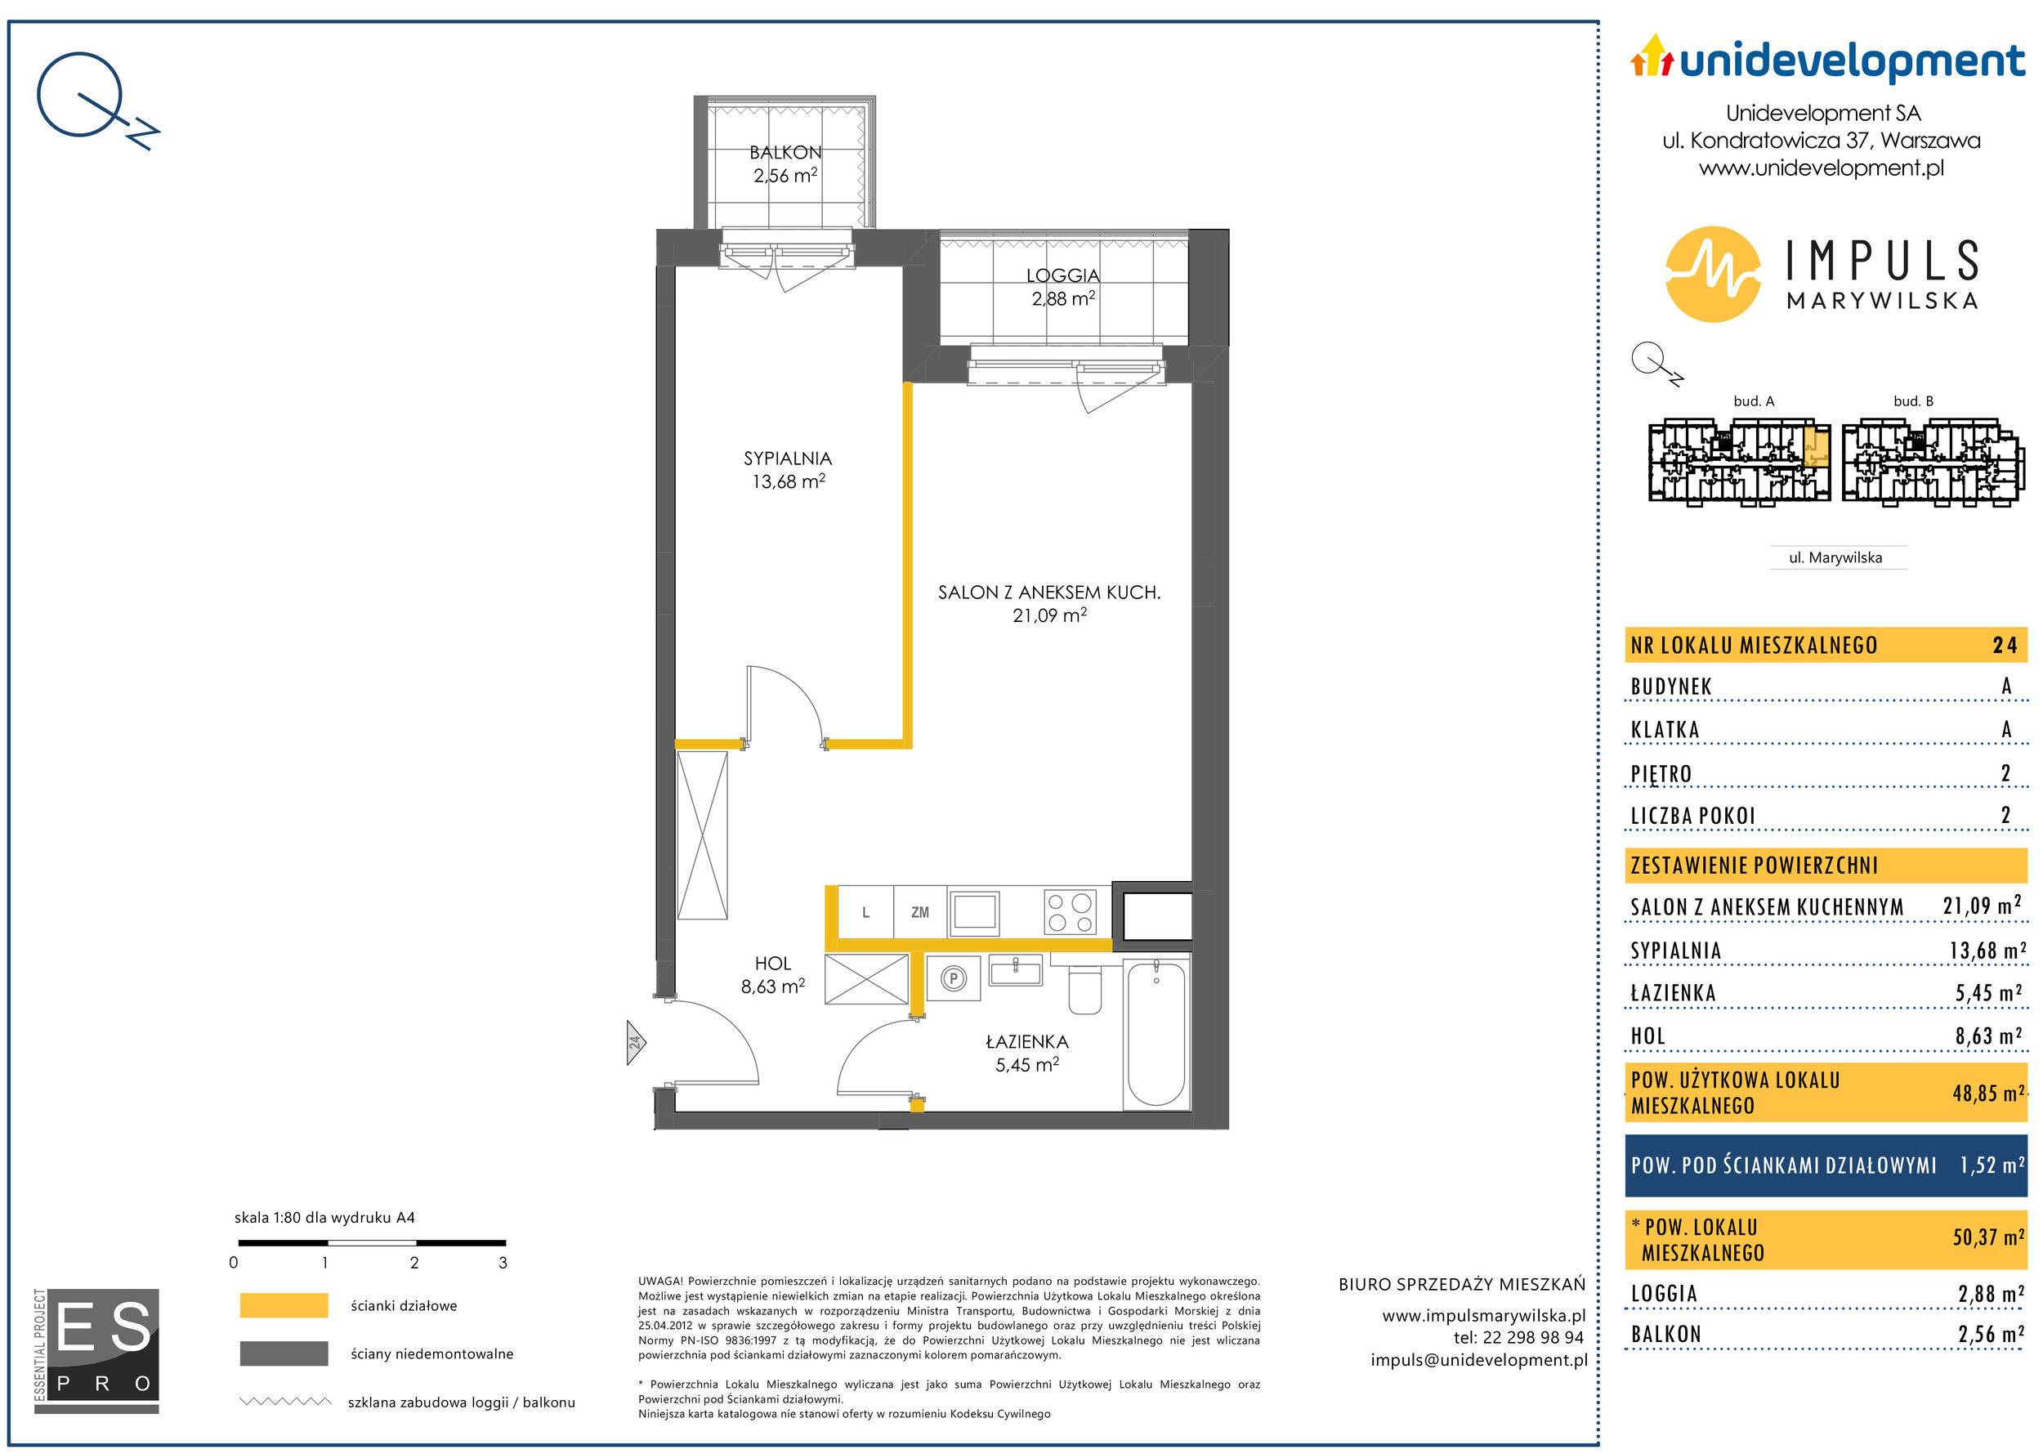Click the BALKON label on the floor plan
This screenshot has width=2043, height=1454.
pos(785,153)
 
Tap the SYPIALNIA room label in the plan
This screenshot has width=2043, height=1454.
pos(788,459)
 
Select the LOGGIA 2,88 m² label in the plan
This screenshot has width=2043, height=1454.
pos(1062,288)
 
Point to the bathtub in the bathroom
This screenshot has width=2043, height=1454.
pos(1155,1033)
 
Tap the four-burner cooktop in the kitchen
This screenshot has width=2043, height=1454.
pos(1070,913)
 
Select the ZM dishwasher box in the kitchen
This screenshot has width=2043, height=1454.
pos(920,912)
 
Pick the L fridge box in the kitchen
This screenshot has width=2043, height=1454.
pos(865,912)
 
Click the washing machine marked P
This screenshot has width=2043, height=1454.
pos(954,979)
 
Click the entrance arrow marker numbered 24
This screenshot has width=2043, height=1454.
pos(635,1042)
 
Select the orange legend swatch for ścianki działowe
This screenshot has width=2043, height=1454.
pos(284,1305)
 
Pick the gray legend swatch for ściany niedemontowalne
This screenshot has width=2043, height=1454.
pos(284,1353)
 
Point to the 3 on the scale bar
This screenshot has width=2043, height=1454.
pos(503,1263)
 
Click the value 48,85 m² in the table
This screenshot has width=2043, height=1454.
pos(1987,1094)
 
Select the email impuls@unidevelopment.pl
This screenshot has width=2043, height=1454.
pos(1479,1360)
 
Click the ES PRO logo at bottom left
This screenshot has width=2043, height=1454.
pos(96,1351)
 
